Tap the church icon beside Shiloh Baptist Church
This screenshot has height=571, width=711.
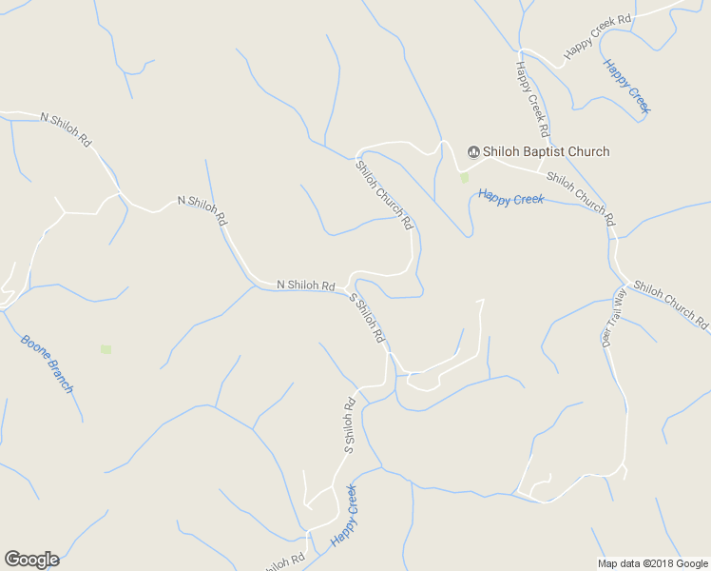(472, 151)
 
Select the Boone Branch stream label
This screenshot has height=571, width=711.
(47, 363)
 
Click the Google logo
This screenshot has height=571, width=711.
(31, 560)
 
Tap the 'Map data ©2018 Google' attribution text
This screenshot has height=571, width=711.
(652, 563)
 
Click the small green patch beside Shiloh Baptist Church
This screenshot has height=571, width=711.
(465, 177)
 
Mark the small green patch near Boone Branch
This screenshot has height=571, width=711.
(106, 349)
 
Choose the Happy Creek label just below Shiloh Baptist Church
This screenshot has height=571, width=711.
(510, 199)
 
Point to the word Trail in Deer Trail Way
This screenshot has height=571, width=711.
(615, 316)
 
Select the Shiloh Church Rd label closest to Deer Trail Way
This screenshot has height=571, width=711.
(671, 305)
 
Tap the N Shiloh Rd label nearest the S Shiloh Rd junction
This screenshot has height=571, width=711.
(305, 285)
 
